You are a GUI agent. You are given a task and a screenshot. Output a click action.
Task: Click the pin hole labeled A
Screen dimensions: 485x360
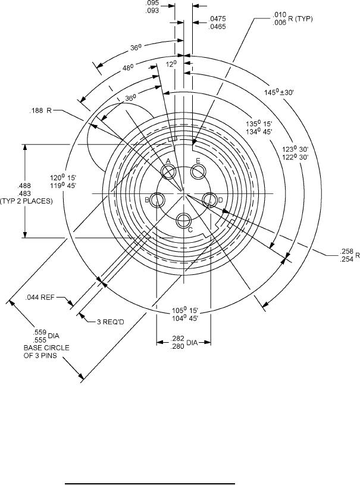tap(169, 173)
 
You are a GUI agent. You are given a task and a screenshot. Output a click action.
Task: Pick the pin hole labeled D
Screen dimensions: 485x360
tap(209, 200)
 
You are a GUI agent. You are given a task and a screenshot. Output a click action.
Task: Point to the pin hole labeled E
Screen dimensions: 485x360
tap(199, 172)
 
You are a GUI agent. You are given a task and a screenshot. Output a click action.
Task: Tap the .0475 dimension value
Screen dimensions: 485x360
tap(217, 20)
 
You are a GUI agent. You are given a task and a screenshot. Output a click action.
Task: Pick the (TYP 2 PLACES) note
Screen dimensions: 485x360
tap(27, 201)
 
